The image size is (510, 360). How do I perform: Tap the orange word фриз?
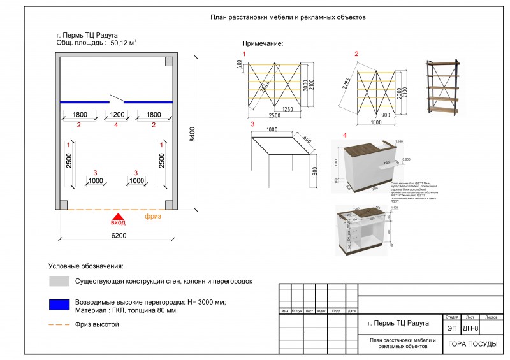[x=153, y=217]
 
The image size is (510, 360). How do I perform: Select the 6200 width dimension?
[x=118, y=235]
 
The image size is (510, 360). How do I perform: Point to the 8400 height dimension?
[x=191, y=134]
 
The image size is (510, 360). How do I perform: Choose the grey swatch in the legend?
[x=58, y=281]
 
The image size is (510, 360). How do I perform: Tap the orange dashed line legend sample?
[x=58, y=324]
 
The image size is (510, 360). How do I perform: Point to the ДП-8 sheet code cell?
[x=471, y=328]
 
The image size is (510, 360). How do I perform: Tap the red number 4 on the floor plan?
[x=116, y=125]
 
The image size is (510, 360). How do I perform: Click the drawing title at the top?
[x=288, y=18]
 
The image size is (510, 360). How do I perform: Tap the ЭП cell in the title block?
[x=451, y=328]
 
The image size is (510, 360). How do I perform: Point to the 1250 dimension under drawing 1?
[x=288, y=109]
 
